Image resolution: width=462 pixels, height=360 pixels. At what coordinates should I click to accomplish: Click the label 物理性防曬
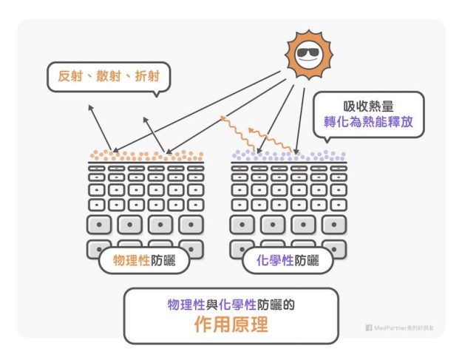point(143,260)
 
